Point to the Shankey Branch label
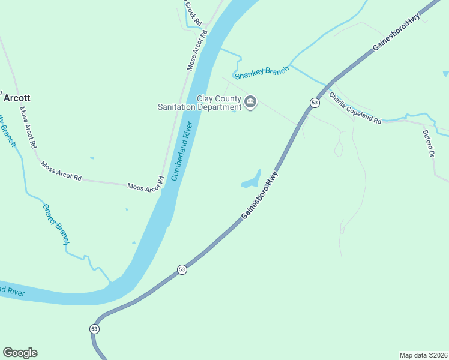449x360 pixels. click(262, 73)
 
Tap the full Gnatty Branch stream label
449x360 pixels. click(55, 224)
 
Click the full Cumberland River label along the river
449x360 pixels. click(181, 151)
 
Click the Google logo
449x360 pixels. click(20, 353)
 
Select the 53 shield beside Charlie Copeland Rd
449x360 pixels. click(314, 103)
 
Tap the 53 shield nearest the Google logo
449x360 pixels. click(94, 329)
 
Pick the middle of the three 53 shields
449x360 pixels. click(182, 270)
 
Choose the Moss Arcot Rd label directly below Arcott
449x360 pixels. click(28, 127)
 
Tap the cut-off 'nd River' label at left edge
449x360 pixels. click(11, 291)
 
